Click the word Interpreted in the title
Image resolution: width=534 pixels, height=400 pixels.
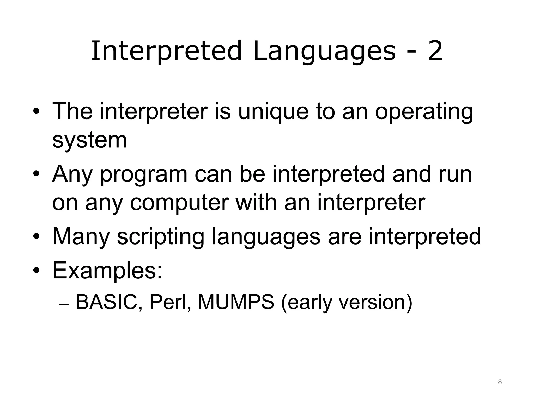[x=166, y=51]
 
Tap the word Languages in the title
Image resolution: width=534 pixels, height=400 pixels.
[x=324, y=51]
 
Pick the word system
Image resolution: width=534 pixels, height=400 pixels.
[x=89, y=140]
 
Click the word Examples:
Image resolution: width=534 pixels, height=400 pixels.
[x=107, y=271]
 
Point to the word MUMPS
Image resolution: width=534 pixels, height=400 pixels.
[x=236, y=302]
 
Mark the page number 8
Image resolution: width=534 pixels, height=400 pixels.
[x=500, y=382]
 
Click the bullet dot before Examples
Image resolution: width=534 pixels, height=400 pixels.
[x=36, y=271]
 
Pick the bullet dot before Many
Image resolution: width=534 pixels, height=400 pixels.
[x=36, y=236]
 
